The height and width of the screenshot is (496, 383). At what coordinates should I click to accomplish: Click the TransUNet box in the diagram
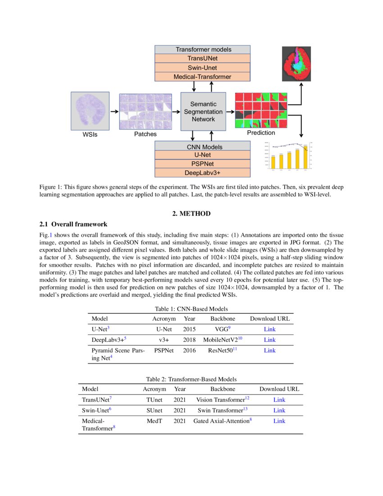[202, 58]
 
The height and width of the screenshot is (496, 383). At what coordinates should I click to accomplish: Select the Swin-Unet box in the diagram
[202, 68]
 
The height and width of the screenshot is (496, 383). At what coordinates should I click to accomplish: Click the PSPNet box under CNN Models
[202, 164]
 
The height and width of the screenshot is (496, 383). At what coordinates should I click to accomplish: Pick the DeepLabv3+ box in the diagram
[202, 173]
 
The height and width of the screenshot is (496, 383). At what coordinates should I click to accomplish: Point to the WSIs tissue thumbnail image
[90, 110]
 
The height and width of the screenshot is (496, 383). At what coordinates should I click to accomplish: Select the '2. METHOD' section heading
[191, 214]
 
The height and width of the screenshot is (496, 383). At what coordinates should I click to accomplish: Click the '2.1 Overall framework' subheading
[73, 224]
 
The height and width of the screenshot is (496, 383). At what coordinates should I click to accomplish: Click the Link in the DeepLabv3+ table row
[269, 340]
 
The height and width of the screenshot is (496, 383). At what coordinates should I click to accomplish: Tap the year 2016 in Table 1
[189, 350]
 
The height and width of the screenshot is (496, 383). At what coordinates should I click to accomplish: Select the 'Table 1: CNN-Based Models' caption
[191, 309]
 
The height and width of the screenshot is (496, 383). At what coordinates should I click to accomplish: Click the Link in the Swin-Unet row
[279, 410]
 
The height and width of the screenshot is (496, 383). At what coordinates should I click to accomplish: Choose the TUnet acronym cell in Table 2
[154, 400]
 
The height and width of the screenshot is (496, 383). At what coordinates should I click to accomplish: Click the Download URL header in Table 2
[279, 389]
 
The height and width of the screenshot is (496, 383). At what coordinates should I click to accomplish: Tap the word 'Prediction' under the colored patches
[261, 133]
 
